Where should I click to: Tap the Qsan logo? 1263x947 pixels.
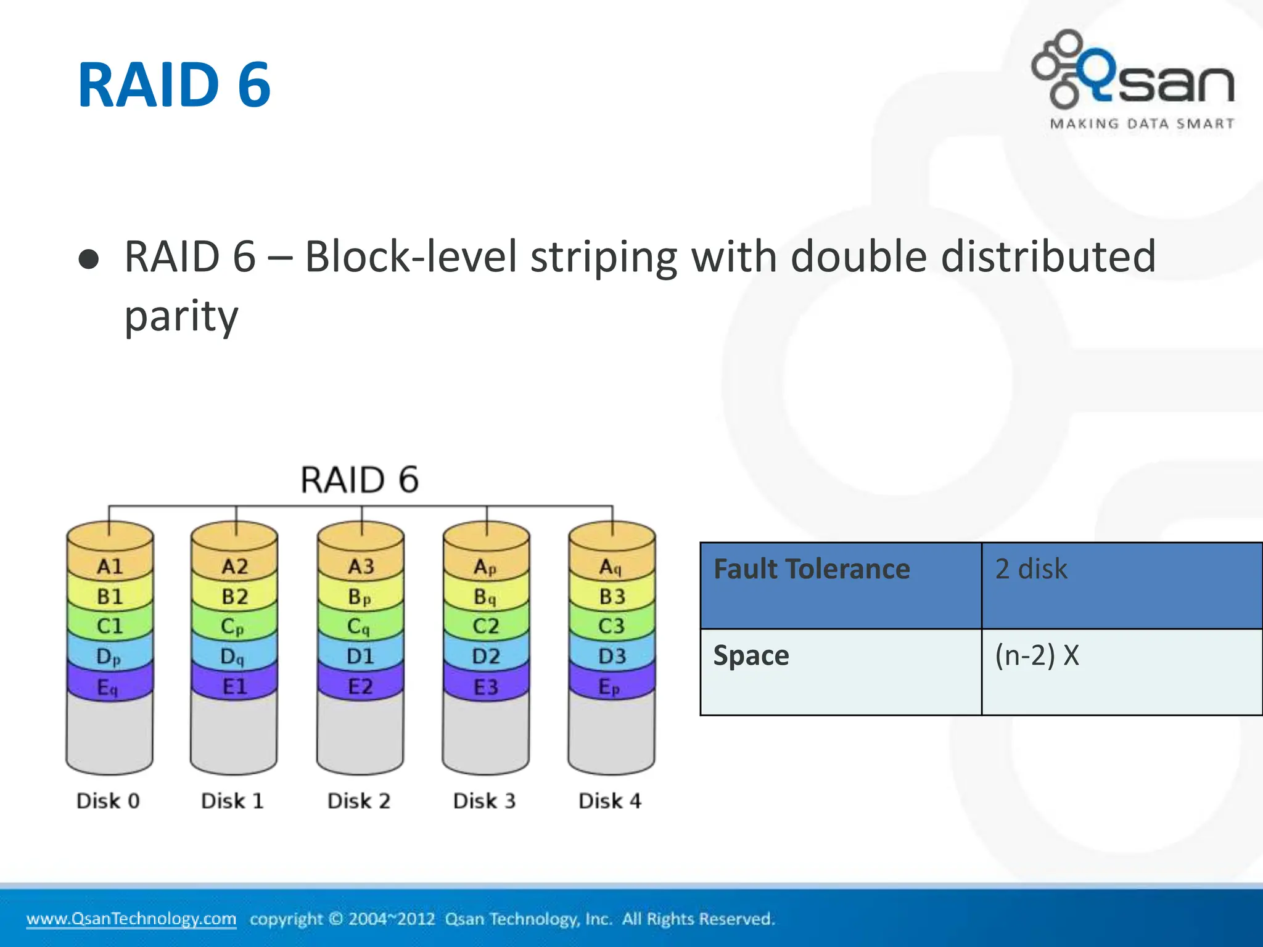coord(1133,71)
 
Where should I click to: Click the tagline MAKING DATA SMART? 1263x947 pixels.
coord(1142,124)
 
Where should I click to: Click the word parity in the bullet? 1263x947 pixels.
coord(181,316)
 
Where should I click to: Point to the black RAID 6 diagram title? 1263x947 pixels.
coord(360,480)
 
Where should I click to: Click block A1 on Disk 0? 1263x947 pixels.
coord(110,566)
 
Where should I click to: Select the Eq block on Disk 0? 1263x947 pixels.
coord(108,687)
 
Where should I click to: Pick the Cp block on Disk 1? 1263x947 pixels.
coord(233,626)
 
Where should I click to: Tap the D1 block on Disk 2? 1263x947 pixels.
coord(360,656)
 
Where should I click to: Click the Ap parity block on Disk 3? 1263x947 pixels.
coord(485,567)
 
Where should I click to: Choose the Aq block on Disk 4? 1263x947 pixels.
coord(611,567)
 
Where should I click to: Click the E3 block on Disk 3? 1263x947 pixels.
coord(485,687)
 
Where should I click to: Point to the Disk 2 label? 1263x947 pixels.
coord(359,801)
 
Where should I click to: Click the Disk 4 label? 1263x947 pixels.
coord(610,801)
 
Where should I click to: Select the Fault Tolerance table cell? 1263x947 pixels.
coord(840,584)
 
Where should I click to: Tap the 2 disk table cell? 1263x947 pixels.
coord(1121,584)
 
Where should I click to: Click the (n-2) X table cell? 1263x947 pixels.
coord(1121,671)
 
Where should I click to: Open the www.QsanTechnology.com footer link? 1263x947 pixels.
coord(131,919)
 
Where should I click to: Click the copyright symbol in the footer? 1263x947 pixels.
coord(336,919)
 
